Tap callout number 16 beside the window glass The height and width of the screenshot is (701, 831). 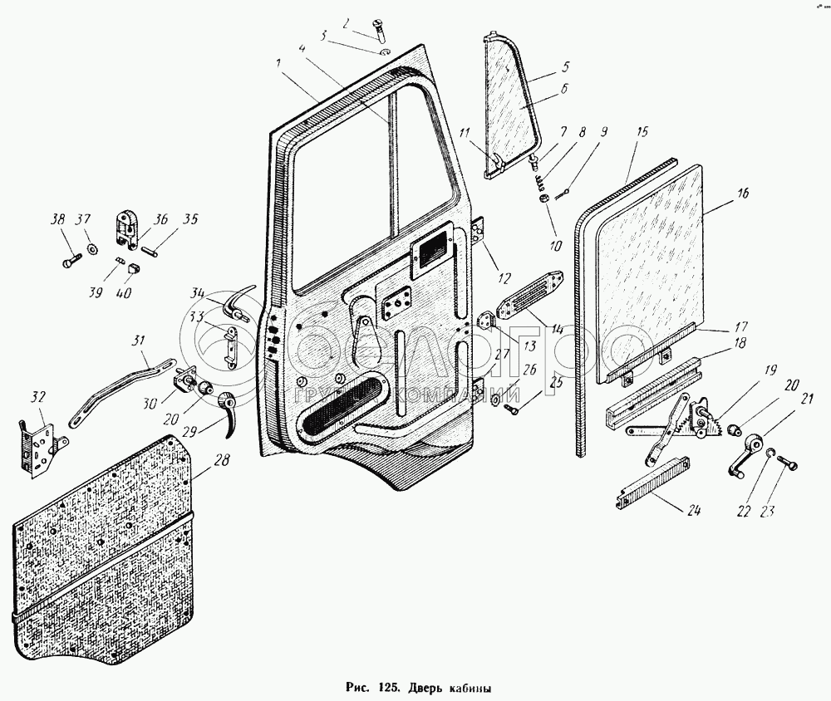coord(742,194)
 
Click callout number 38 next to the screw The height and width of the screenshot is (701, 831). coord(57,221)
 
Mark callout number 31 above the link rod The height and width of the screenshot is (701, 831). coord(139,341)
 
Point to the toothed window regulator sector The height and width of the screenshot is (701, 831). coord(703,419)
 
